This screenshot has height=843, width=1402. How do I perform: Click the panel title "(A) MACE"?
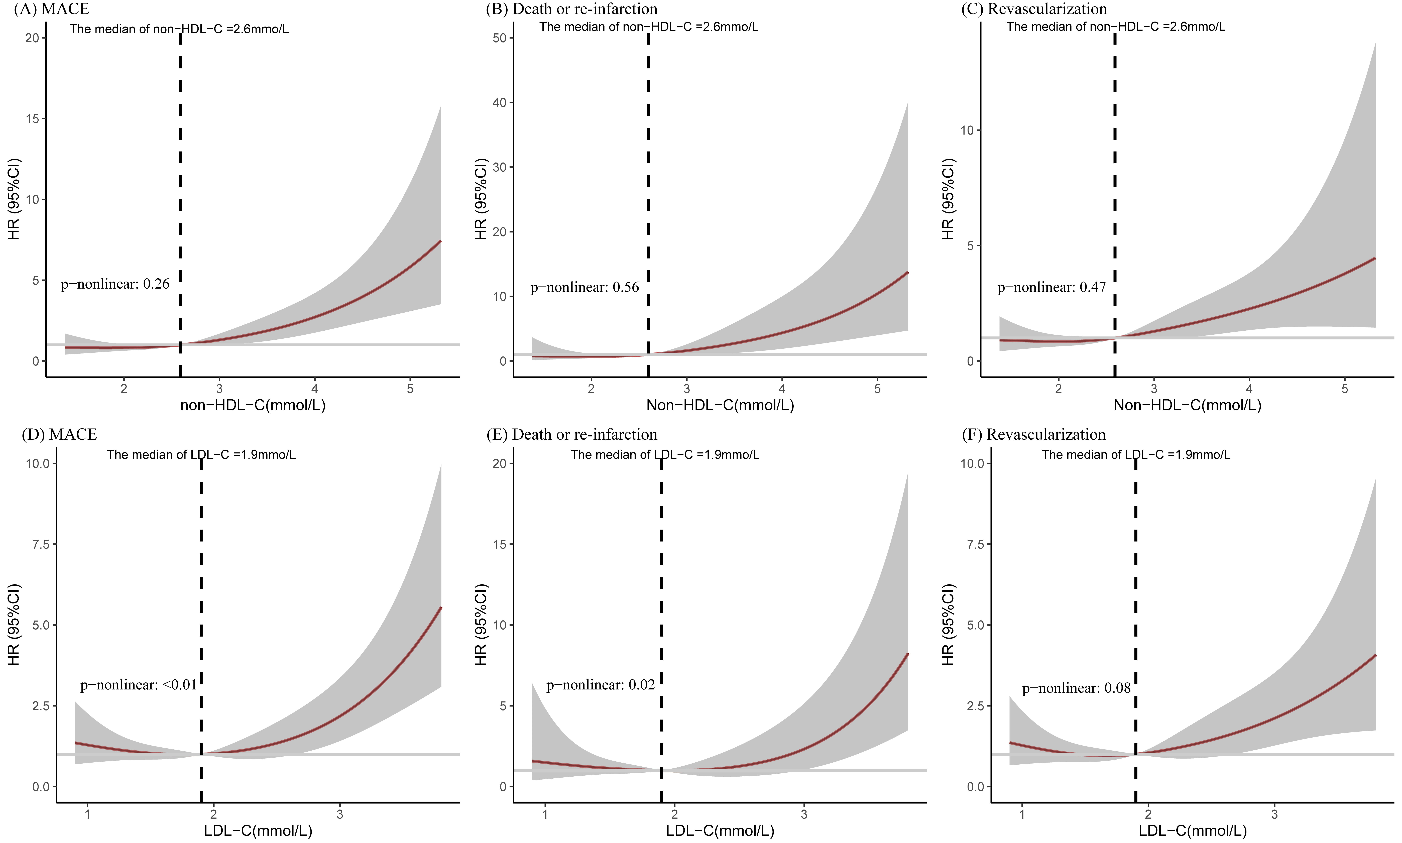(x=51, y=9)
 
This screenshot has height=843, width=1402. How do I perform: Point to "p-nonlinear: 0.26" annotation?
(x=115, y=284)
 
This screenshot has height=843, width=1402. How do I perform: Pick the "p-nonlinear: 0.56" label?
(x=585, y=287)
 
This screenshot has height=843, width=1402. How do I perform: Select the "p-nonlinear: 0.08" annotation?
(x=1077, y=688)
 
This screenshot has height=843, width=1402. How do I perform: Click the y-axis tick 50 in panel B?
(x=499, y=38)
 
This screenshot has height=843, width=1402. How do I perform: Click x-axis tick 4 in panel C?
(x=1249, y=389)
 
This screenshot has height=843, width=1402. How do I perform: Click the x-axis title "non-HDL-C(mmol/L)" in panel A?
(x=253, y=405)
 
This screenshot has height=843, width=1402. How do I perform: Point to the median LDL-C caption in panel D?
(x=201, y=454)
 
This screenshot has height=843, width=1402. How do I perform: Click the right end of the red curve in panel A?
(x=440, y=242)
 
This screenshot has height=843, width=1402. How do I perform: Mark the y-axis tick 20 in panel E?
(x=499, y=463)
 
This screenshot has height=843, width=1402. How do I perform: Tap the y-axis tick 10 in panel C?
(x=966, y=130)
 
